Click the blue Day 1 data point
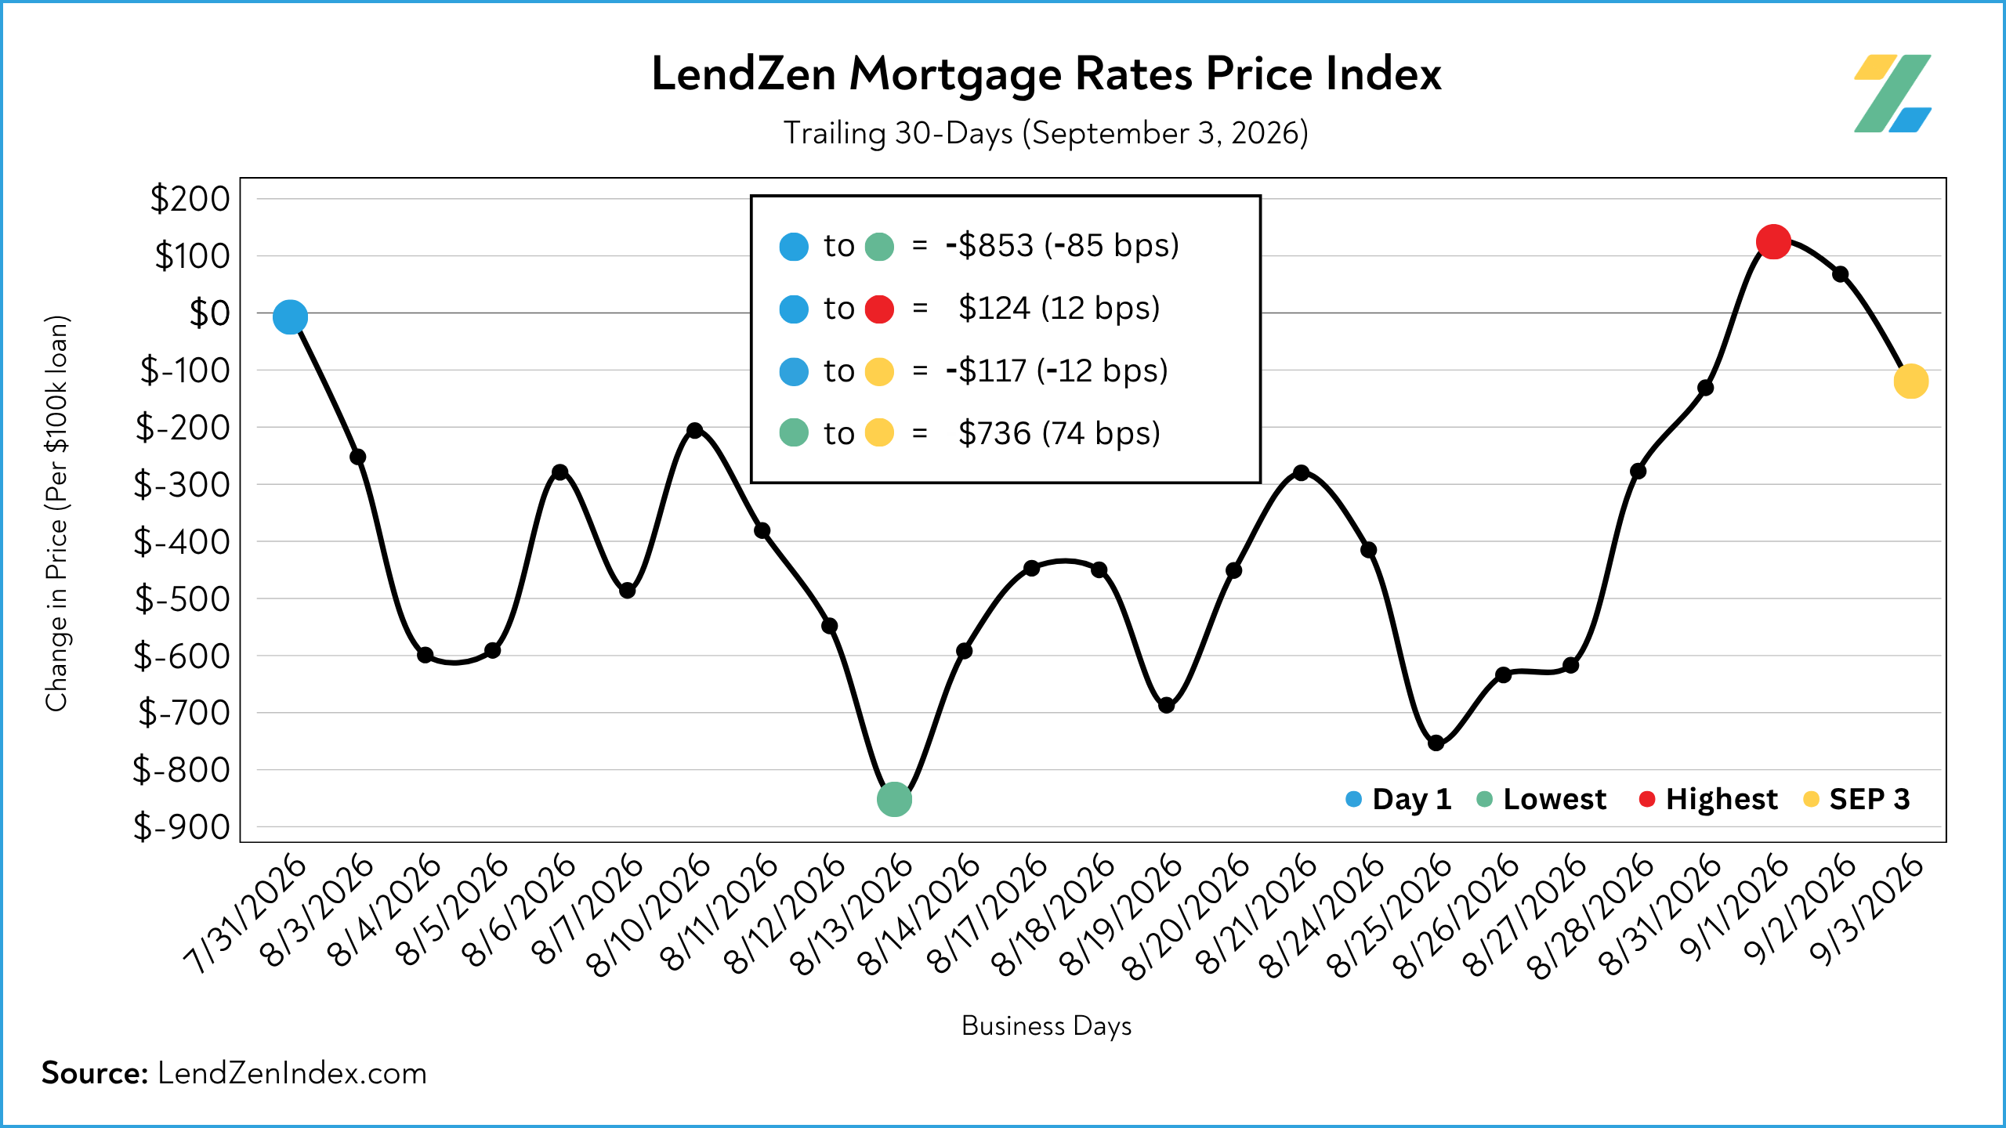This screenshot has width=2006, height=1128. click(290, 317)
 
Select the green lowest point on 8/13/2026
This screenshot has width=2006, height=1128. click(894, 800)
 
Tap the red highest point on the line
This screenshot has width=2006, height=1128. click(1773, 242)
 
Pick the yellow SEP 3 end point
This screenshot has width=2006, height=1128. click(1910, 381)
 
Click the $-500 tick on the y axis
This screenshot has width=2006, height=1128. click(182, 599)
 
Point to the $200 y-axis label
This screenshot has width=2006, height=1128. click(190, 199)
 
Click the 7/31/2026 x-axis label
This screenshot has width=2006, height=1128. click(244, 913)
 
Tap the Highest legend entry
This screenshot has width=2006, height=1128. click(1708, 799)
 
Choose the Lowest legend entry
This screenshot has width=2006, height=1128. click(1541, 799)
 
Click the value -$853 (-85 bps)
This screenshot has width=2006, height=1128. click(1062, 246)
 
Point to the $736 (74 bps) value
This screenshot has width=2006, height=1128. click(1059, 433)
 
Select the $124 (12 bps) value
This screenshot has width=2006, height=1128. click(1059, 309)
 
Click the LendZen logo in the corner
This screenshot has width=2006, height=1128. click(1892, 93)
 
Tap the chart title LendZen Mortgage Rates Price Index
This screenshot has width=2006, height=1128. click(1046, 74)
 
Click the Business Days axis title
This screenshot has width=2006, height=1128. click(1046, 1026)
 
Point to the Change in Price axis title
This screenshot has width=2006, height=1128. click(57, 513)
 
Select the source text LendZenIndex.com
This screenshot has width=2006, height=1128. click(292, 1073)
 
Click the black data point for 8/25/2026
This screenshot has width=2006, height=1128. click(1436, 743)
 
